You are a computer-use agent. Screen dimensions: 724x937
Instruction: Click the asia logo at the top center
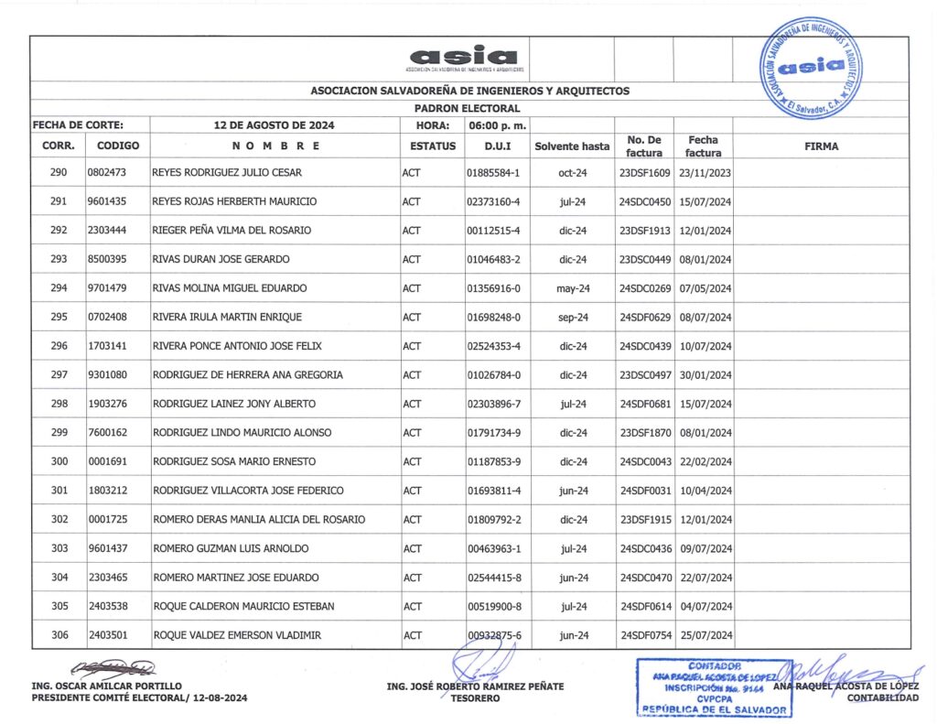click(x=464, y=58)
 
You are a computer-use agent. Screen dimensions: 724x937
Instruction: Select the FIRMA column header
click(x=821, y=146)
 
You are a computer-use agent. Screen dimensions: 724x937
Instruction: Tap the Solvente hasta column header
click(x=572, y=146)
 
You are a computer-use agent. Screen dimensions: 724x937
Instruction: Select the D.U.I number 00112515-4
click(x=493, y=231)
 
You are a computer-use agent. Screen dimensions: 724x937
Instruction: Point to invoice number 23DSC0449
click(x=645, y=259)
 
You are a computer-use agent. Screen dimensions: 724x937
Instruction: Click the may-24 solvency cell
click(x=572, y=288)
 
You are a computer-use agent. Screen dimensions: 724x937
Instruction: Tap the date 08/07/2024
click(x=705, y=318)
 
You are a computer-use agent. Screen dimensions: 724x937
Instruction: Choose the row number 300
click(x=59, y=462)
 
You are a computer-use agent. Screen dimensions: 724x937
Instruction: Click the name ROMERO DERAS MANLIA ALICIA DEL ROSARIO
click(x=259, y=520)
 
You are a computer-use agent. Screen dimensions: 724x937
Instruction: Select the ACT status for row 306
click(x=412, y=635)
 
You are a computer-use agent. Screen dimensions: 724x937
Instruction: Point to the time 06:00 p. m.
click(x=494, y=124)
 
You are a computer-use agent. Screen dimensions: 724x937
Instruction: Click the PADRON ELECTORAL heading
click(x=467, y=108)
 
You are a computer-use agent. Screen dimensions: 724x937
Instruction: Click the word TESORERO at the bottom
click(x=474, y=698)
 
